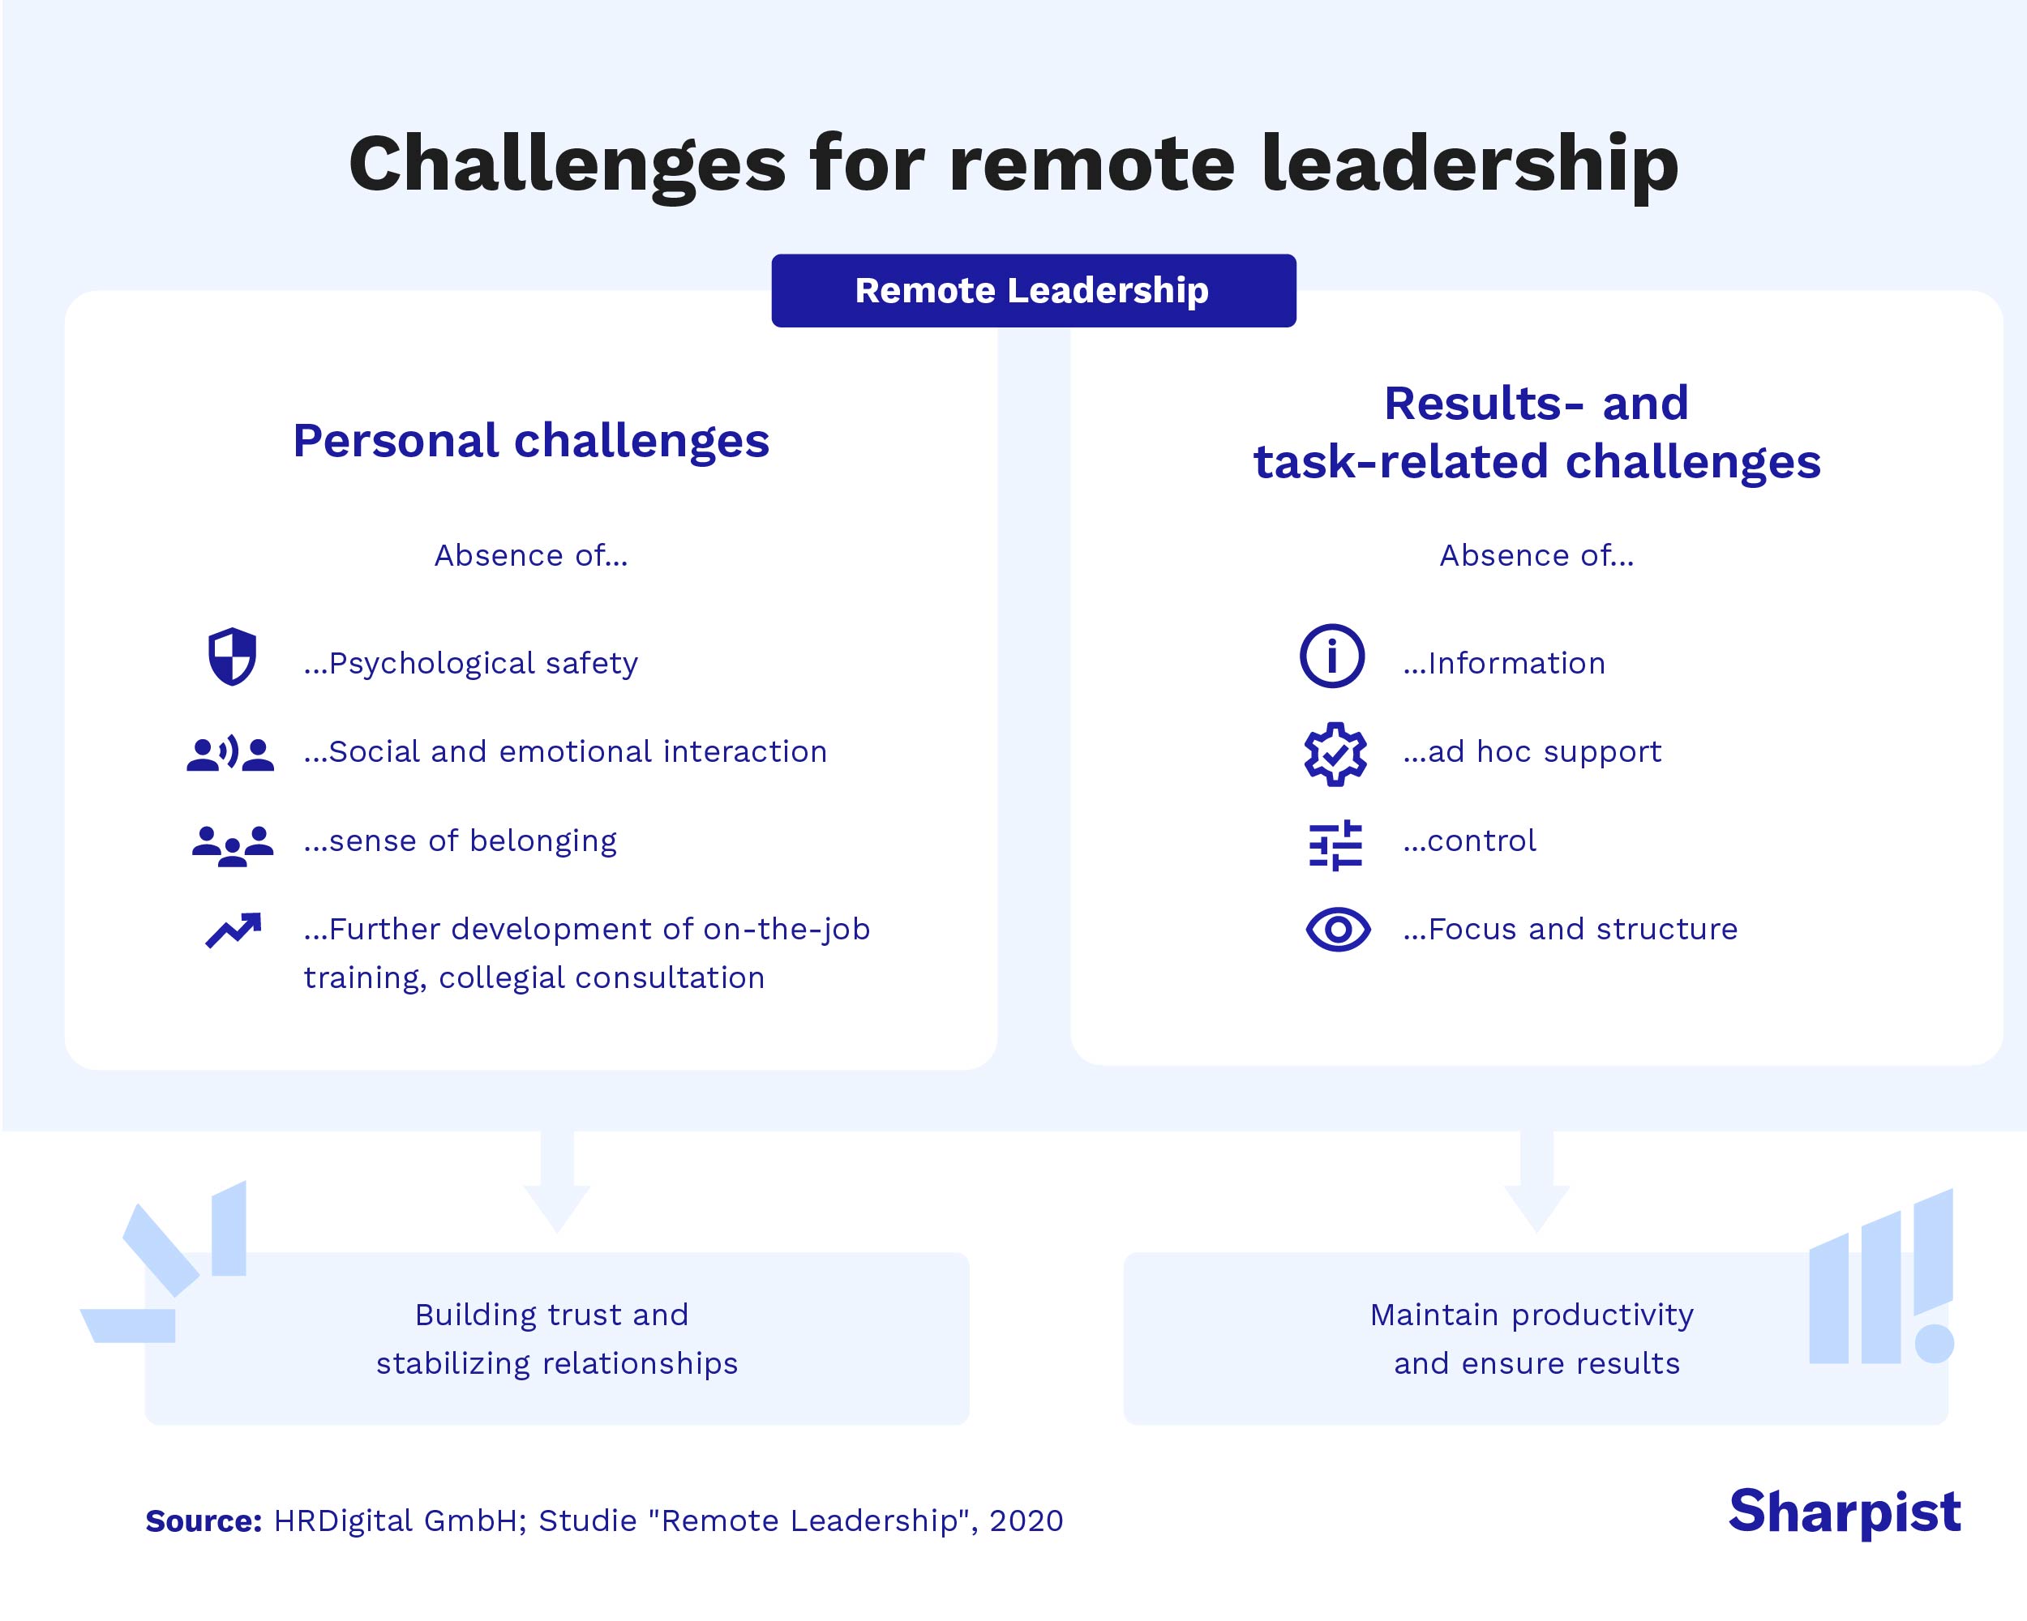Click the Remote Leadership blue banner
click(1032, 290)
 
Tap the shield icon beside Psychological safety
click(231, 656)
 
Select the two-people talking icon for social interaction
click(230, 754)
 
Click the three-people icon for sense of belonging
click(232, 845)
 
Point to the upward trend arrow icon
click(234, 930)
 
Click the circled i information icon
click(1331, 656)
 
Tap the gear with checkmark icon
click(1335, 753)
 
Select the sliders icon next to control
click(1335, 845)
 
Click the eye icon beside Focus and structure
click(1337, 930)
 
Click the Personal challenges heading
click(531, 441)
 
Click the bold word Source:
click(203, 1520)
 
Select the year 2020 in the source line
click(1026, 1520)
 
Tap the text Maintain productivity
click(1532, 1314)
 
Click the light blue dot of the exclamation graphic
click(1934, 1343)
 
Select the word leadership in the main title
click(1468, 165)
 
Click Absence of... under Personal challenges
click(530, 555)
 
